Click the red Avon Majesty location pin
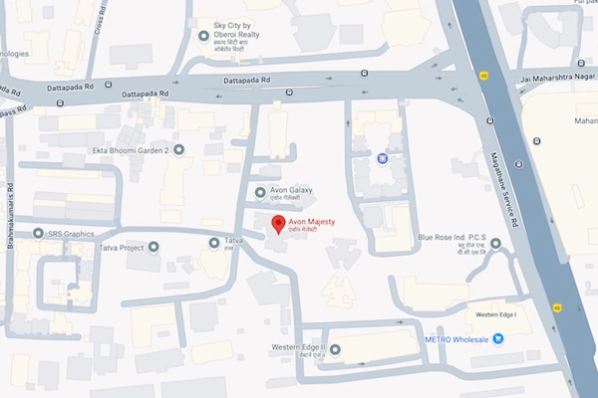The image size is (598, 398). [280, 223]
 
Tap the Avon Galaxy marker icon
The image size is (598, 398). [261, 192]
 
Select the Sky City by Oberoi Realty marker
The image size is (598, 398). [203, 38]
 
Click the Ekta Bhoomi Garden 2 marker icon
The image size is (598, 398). [178, 150]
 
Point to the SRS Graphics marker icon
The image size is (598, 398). [38, 234]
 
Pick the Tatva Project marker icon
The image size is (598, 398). [153, 247]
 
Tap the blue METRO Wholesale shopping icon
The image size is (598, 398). [498, 338]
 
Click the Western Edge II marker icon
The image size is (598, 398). [335, 348]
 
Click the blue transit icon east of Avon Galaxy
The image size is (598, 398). [381, 156]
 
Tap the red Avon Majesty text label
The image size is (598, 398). [312, 221]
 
